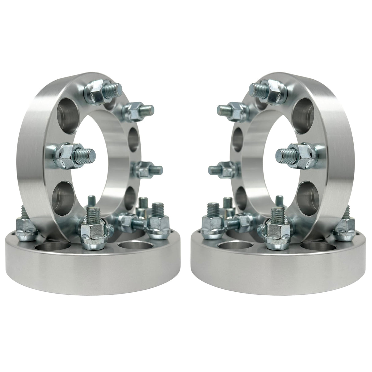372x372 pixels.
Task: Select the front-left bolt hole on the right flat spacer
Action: [233, 247]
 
